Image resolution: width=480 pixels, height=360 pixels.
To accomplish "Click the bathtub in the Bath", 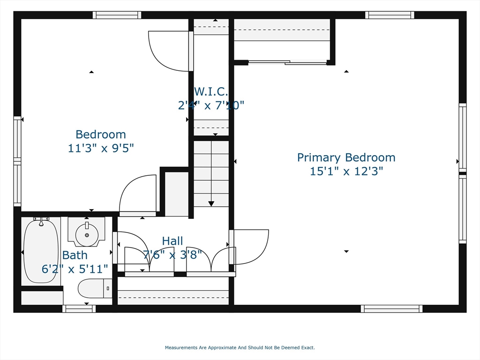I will [41, 251].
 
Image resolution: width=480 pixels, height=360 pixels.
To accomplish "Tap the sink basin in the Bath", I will [86, 232].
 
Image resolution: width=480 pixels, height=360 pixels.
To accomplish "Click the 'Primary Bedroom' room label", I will [346, 157].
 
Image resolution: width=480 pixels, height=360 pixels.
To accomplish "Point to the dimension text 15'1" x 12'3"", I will [346, 171].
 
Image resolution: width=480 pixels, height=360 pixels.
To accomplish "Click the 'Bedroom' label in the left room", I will [101, 135].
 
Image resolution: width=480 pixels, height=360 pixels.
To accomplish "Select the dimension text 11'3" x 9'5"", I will [101, 148].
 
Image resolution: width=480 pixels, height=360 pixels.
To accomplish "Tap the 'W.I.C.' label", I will [210, 91].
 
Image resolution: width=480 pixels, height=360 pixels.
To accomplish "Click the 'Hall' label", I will [172, 241].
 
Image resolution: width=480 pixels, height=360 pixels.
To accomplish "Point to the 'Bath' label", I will [75, 255].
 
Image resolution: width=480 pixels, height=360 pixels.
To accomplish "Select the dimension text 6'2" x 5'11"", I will [75, 269].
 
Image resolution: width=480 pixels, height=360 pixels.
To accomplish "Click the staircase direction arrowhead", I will [211, 203].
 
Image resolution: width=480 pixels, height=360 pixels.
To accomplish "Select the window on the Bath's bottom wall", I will [79, 308].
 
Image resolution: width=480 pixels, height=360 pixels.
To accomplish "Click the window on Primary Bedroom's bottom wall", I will [391, 308].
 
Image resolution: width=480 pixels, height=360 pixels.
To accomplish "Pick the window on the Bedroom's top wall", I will [117, 15].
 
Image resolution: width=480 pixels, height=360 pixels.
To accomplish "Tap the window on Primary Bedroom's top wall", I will [390, 15].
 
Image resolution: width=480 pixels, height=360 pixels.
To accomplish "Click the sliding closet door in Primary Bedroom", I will [287, 62].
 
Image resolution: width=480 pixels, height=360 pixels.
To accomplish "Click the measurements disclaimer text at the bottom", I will [240, 348].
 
